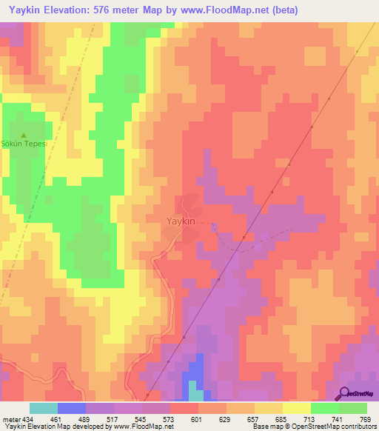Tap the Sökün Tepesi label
click(x=24, y=144)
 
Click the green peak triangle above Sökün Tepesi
click(x=24, y=136)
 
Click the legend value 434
click(x=29, y=419)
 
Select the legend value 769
click(x=366, y=419)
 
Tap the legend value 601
click(x=198, y=419)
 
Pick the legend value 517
click(x=113, y=419)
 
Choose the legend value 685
click(x=282, y=419)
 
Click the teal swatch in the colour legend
click(x=43, y=408)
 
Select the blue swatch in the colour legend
click(x=71, y=408)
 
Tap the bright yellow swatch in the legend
click(x=296, y=408)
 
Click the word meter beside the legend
click(x=11, y=419)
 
